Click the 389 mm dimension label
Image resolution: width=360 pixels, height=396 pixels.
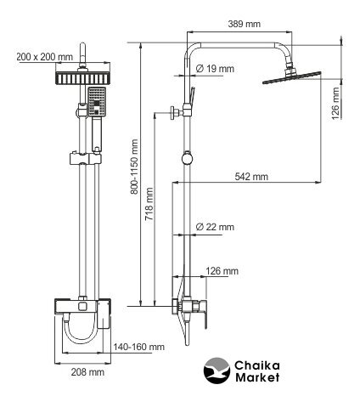[245, 24]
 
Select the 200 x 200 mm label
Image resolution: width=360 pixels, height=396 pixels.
[45, 57]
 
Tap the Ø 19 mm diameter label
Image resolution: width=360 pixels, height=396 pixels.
[215, 69]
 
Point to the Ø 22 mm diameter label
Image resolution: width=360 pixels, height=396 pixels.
[215, 227]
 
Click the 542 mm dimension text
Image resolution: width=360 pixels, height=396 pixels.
[251, 177]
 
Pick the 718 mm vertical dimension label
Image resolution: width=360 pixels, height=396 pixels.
[149, 204]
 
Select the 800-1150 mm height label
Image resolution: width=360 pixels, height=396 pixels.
[134, 167]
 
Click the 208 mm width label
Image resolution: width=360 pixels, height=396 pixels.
[87, 372]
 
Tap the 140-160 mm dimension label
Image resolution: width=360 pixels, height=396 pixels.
[139, 347]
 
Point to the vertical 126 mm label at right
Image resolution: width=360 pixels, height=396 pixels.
[335, 104]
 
